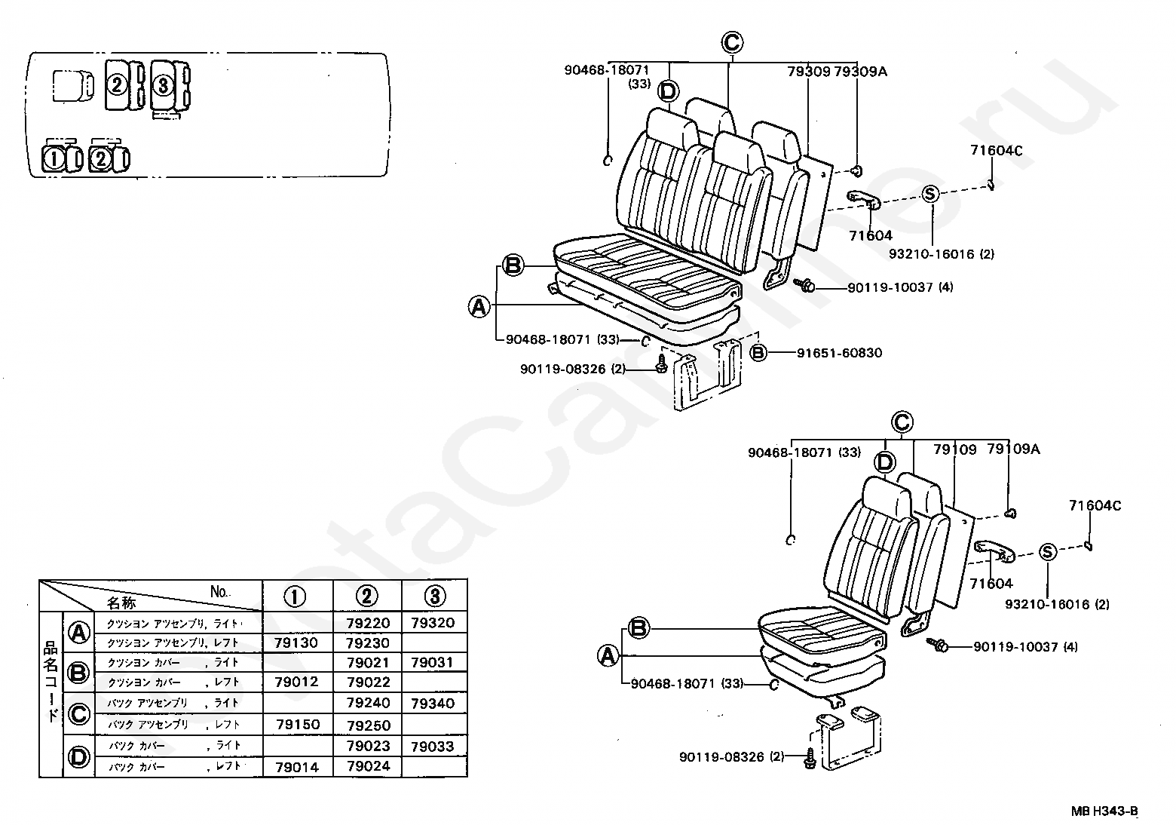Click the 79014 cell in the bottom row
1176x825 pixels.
(298, 767)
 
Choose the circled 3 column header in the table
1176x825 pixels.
(434, 597)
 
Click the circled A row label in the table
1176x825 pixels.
(79, 633)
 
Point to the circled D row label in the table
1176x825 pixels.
(79, 756)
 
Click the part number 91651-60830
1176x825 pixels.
(839, 352)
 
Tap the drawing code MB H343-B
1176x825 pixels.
(1104, 811)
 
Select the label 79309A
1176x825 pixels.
(860, 72)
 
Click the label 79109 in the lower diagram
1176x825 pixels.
(954, 449)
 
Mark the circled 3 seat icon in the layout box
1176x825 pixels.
(163, 84)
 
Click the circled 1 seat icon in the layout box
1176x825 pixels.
(54, 159)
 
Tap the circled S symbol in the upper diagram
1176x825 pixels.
(929, 194)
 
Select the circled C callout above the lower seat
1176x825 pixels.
(902, 422)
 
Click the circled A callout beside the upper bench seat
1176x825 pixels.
(479, 306)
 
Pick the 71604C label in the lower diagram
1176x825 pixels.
(1095, 506)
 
